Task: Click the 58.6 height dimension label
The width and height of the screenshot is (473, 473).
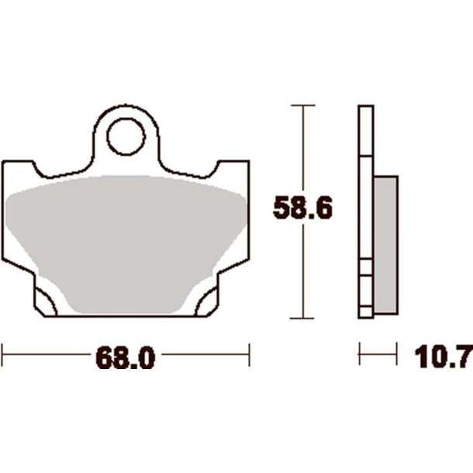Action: pos(302,208)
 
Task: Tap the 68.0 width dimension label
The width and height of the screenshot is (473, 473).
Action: pos(125,357)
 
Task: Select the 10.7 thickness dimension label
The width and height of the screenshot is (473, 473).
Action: pos(444,357)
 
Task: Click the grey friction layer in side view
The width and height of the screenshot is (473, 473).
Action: pos(385,245)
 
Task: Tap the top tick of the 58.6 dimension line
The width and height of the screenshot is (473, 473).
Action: pos(303,105)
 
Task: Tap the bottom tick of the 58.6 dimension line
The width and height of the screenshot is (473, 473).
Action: pos(302,318)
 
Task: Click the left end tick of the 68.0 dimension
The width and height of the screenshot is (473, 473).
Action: pos(2,354)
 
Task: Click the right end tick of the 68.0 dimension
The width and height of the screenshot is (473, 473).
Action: pos(249,354)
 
